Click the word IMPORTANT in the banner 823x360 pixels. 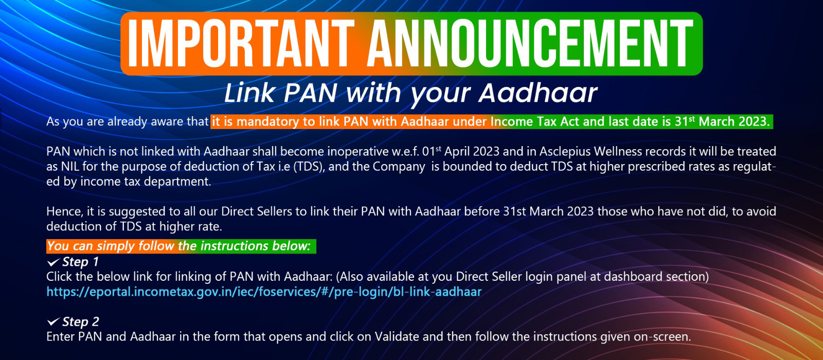click(241, 43)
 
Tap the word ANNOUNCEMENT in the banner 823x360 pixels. click(530, 43)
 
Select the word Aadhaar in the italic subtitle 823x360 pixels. click(538, 93)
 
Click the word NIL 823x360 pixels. click(70, 167)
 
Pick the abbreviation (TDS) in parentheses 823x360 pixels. click(309, 167)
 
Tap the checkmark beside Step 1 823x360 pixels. click(53, 262)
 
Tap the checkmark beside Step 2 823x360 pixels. click(53, 322)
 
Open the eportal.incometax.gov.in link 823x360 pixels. click(264, 292)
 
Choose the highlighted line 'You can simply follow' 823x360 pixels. click(181, 246)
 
